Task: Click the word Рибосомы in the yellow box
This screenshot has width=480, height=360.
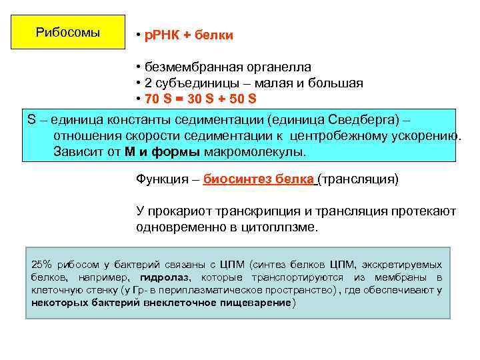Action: click(68, 32)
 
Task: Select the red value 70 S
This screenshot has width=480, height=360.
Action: click(157, 99)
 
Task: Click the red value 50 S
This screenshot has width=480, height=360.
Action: click(241, 99)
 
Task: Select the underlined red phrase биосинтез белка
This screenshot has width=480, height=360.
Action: click(258, 179)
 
